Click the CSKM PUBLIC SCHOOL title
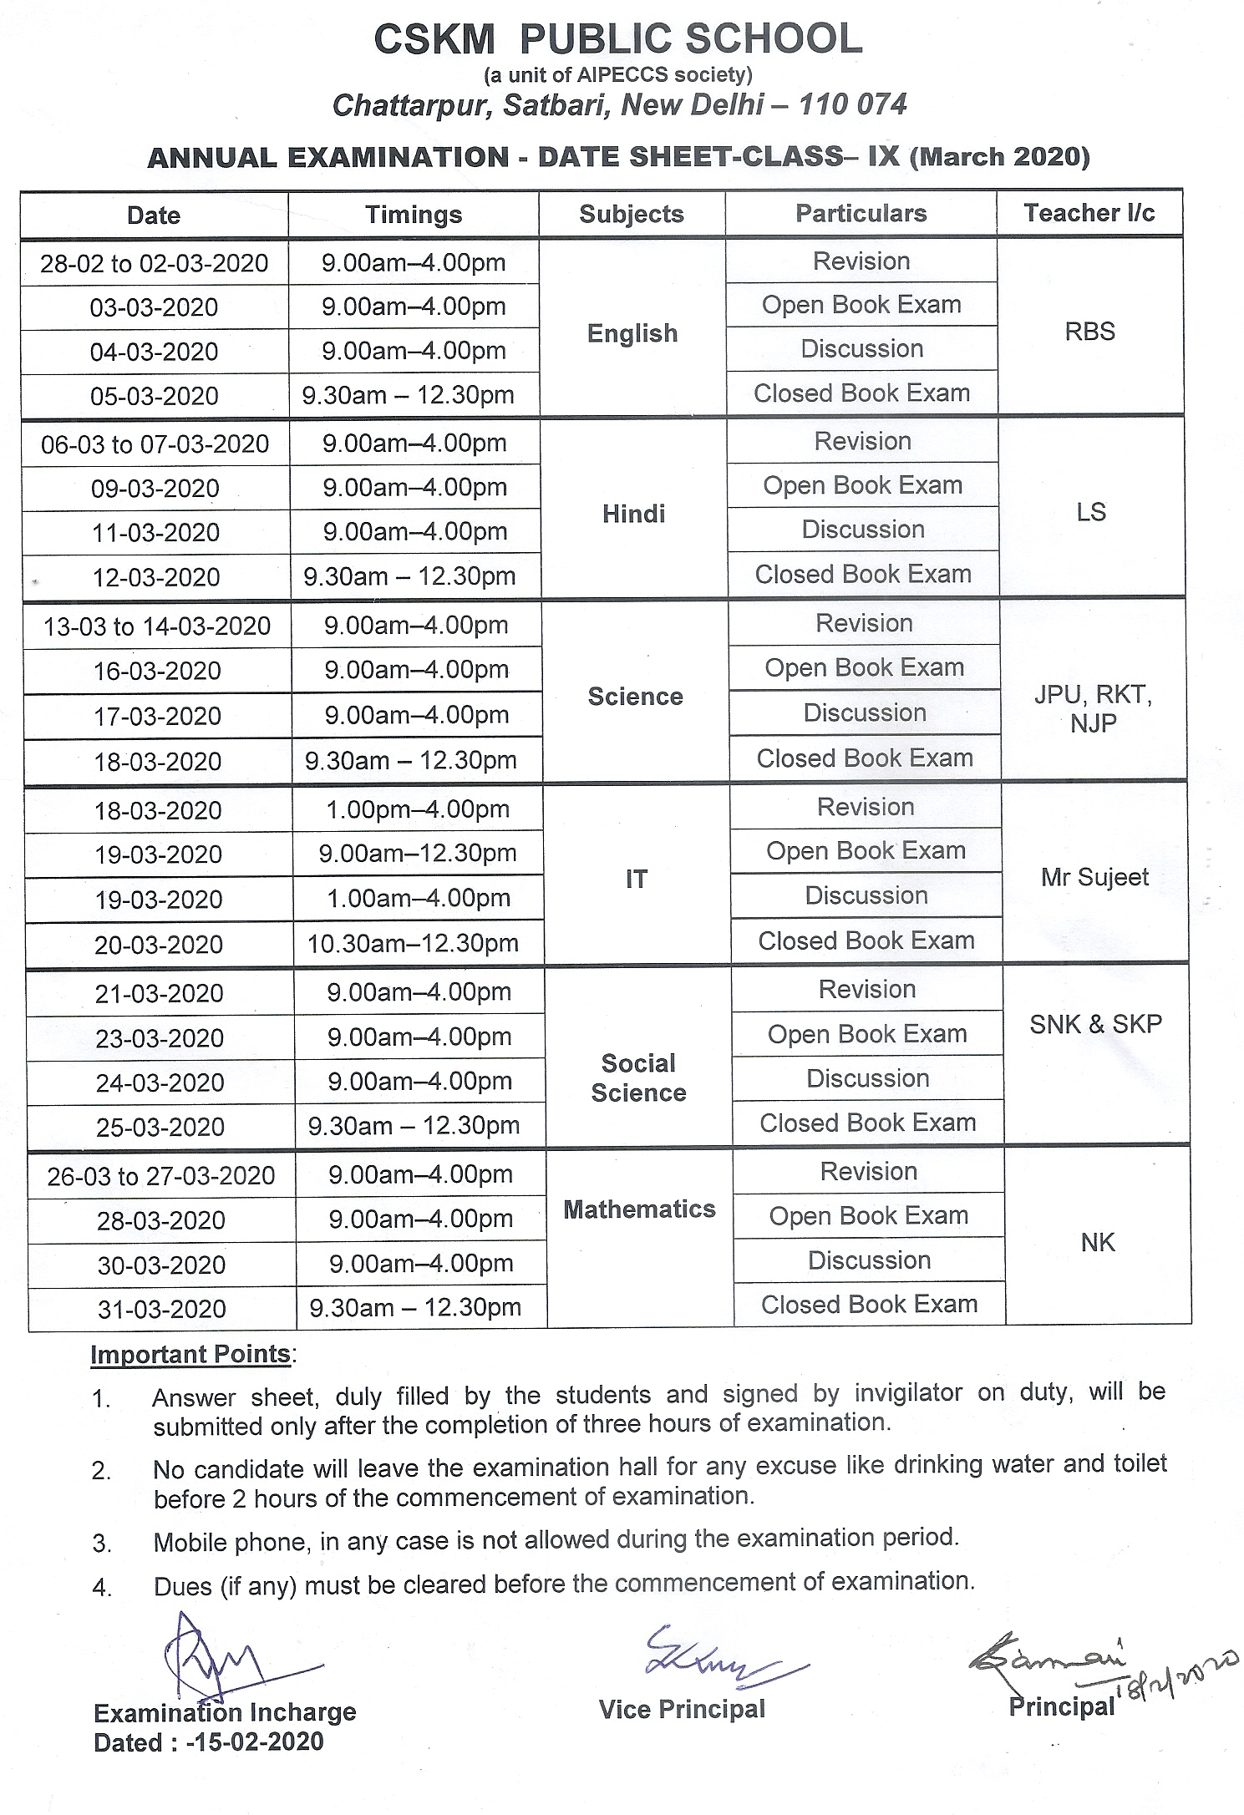coord(617,39)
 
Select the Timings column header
coord(414,215)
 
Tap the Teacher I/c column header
coord(1089,213)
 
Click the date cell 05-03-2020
coord(155,395)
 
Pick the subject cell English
coord(632,333)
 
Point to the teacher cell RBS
coord(1089,331)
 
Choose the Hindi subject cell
coord(633,513)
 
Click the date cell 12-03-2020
coord(156,576)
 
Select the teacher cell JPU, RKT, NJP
coord(1093,708)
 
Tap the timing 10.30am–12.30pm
coord(414,943)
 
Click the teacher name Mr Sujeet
coord(1094,877)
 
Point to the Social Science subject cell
coord(638,1077)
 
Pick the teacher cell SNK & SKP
coord(1095,1024)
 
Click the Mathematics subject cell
coord(639,1209)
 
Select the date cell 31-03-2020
coord(162,1308)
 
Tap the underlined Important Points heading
coord(190,1353)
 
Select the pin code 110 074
coord(852,104)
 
